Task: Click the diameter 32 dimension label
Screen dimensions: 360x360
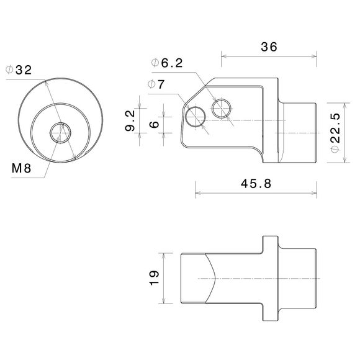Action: coord(19,70)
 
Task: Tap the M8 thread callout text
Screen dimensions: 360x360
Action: coord(22,168)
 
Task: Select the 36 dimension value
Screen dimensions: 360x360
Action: coord(269,47)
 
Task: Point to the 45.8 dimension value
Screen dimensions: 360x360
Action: coord(256,184)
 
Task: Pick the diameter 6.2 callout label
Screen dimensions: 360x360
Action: coord(168,63)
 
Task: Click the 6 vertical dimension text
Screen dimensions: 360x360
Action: coord(155,124)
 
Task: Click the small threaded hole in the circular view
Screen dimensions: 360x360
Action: coord(60,132)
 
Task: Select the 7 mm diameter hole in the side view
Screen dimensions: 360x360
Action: coord(197,115)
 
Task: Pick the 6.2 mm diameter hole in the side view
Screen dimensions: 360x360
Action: coord(221,109)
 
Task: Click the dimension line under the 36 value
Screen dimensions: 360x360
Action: coord(269,56)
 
